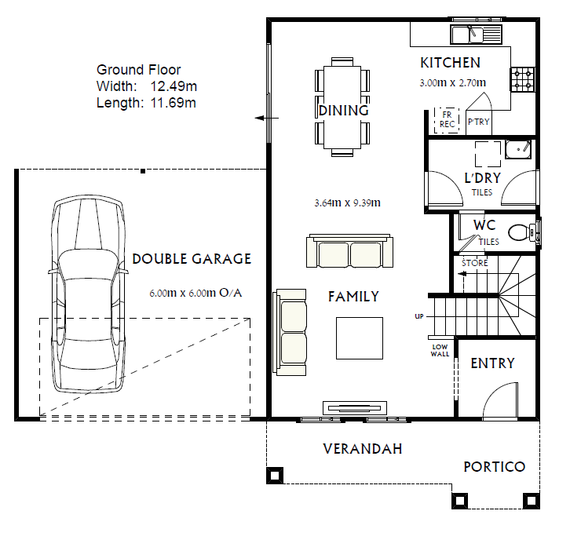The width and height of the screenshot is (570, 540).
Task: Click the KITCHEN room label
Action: point(450,63)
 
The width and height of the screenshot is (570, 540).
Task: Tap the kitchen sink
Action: point(476,35)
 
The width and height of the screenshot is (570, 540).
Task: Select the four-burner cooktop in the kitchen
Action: point(523,79)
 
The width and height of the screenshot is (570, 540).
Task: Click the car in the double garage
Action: point(89,295)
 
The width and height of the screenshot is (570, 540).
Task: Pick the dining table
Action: point(342,108)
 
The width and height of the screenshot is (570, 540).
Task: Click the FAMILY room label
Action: point(353,297)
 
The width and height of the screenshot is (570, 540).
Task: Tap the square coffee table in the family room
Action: point(359,338)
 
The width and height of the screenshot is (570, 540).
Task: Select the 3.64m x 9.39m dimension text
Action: point(347,202)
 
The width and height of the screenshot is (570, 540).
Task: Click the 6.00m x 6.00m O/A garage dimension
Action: point(195,293)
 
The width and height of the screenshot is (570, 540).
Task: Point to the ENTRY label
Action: point(492,363)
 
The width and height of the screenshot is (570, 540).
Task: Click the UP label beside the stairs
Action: point(419,316)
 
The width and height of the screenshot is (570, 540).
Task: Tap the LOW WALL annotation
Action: point(440,350)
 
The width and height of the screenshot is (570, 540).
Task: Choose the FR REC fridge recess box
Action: point(447,120)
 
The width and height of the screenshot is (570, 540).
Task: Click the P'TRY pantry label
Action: point(478,122)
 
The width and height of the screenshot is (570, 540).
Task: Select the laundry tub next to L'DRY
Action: point(518,149)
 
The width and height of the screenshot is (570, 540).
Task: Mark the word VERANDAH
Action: point(363,449)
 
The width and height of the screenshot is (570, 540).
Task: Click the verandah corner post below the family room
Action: point(275,476)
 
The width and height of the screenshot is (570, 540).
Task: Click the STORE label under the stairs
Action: point(475,263)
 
